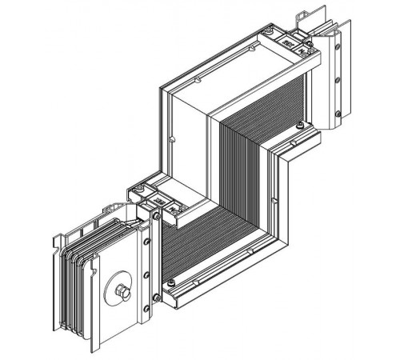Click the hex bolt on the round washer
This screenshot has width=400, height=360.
122,290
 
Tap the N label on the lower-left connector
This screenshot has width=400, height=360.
158,202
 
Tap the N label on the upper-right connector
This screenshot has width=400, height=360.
286,39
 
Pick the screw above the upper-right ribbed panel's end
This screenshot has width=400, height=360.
298,126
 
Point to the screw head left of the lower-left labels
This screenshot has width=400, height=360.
140,190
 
